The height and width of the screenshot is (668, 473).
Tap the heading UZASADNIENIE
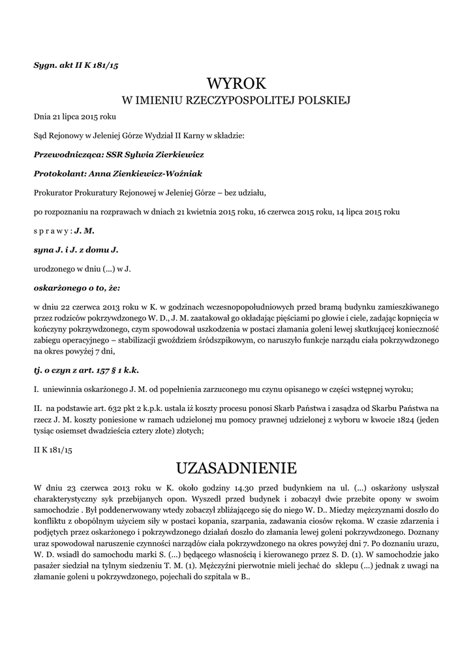pos(236,468)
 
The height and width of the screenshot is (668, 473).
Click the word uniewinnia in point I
pos(63,389)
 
